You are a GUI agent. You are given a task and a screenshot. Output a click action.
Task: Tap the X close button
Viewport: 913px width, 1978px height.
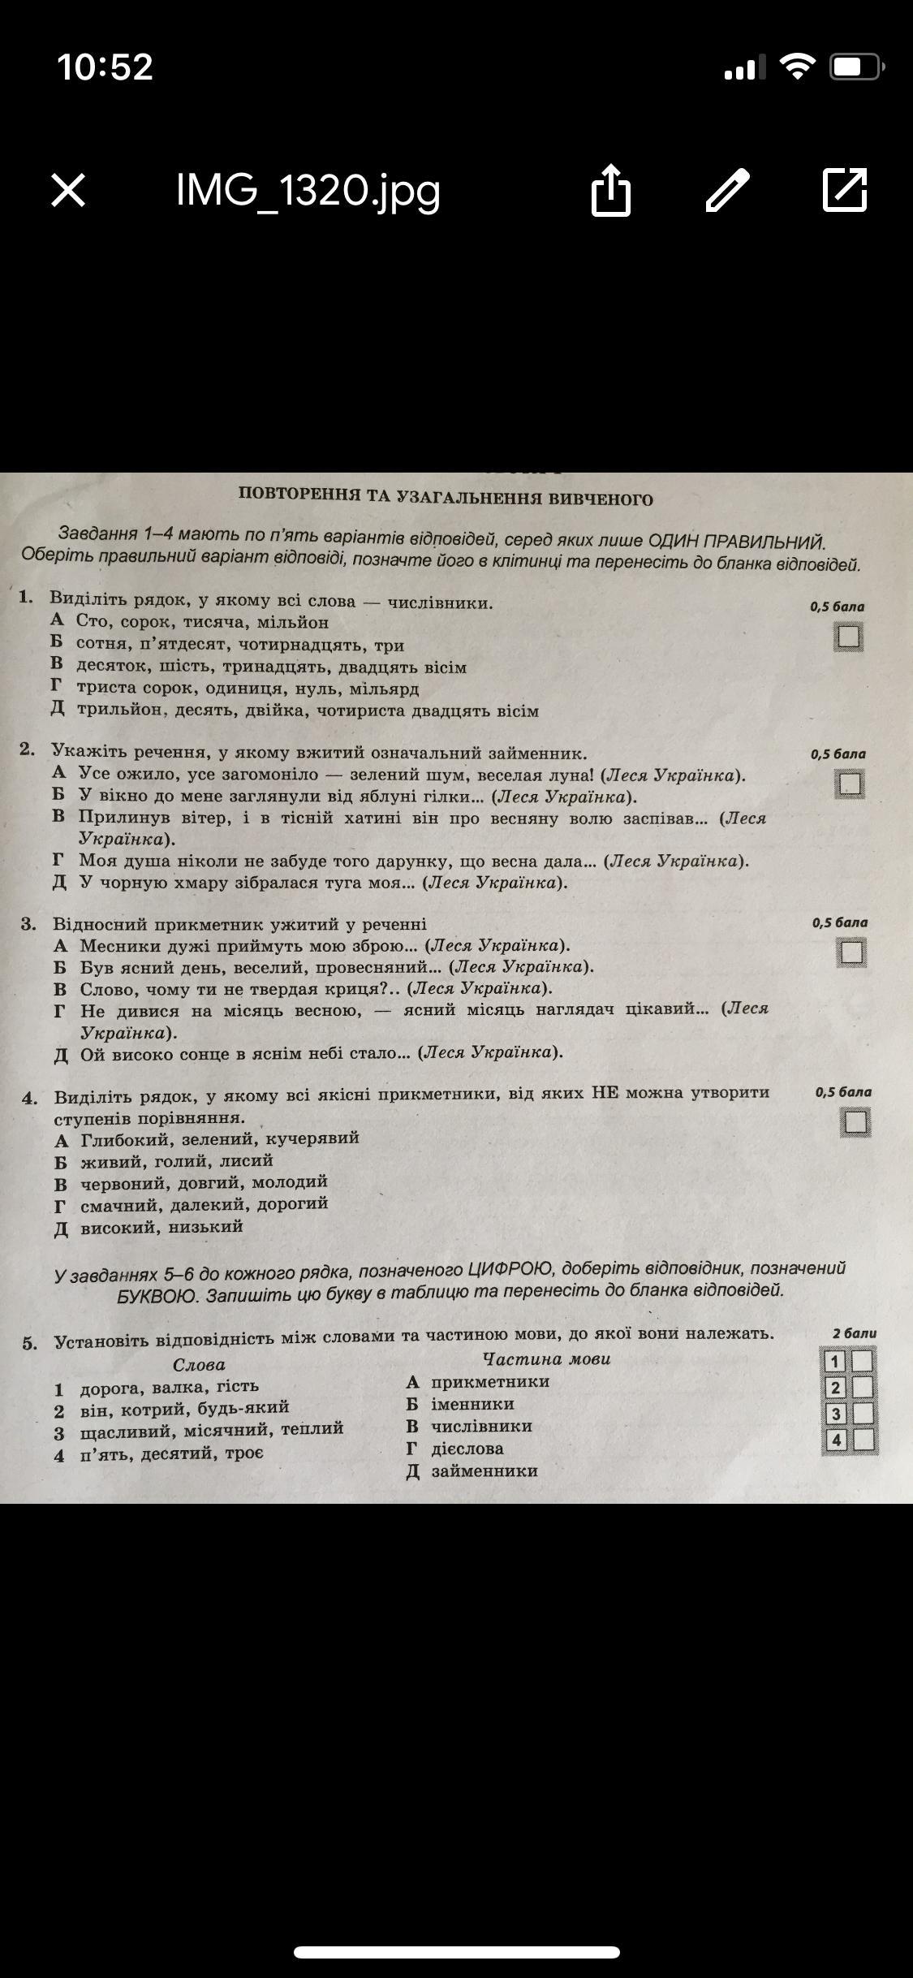pyautogui.click(x=68, y=191)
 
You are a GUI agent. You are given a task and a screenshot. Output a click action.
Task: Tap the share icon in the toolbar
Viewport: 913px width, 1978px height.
pyautogui.click(x=610, y=191)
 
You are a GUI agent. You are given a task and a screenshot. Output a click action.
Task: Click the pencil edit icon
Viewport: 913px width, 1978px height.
pyautogui.click(x=728, y=191)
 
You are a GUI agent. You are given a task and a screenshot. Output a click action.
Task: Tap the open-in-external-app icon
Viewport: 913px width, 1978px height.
pyautogui.click(x=845, y=191)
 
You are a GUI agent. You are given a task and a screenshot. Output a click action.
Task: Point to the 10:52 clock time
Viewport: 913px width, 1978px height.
pyautogui.click(x=105, y=67)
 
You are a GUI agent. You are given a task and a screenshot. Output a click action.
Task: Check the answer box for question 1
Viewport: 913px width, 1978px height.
pyautogui.click(x=848, y=637)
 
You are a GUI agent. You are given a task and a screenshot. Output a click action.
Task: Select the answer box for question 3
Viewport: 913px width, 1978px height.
pyautogui.click(x=851, y=952)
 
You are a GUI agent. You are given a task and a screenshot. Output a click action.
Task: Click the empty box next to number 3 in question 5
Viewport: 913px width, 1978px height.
pyautogui.click(x=863, y=1414)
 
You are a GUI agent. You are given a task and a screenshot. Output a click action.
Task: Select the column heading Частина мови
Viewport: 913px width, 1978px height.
pyautogui.click(x=546, y=1358)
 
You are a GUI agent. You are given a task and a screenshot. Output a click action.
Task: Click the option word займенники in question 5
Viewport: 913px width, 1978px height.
pyautogui.click(x=484, y=1471)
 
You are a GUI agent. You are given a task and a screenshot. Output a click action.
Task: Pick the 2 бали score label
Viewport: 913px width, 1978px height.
pyautogui.click(x=854, y=1332)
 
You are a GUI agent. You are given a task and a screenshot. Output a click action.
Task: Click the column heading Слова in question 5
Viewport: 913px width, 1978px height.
pyautogui.click(x=199, y=1364)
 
